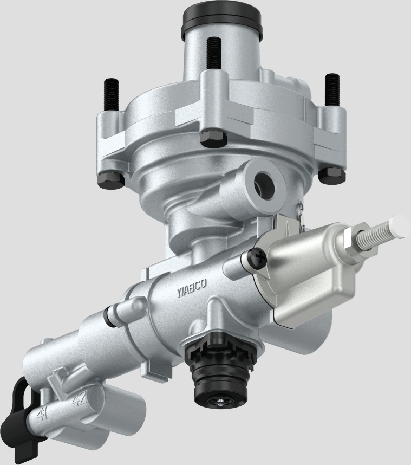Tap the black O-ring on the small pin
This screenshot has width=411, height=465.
pos(112,316)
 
